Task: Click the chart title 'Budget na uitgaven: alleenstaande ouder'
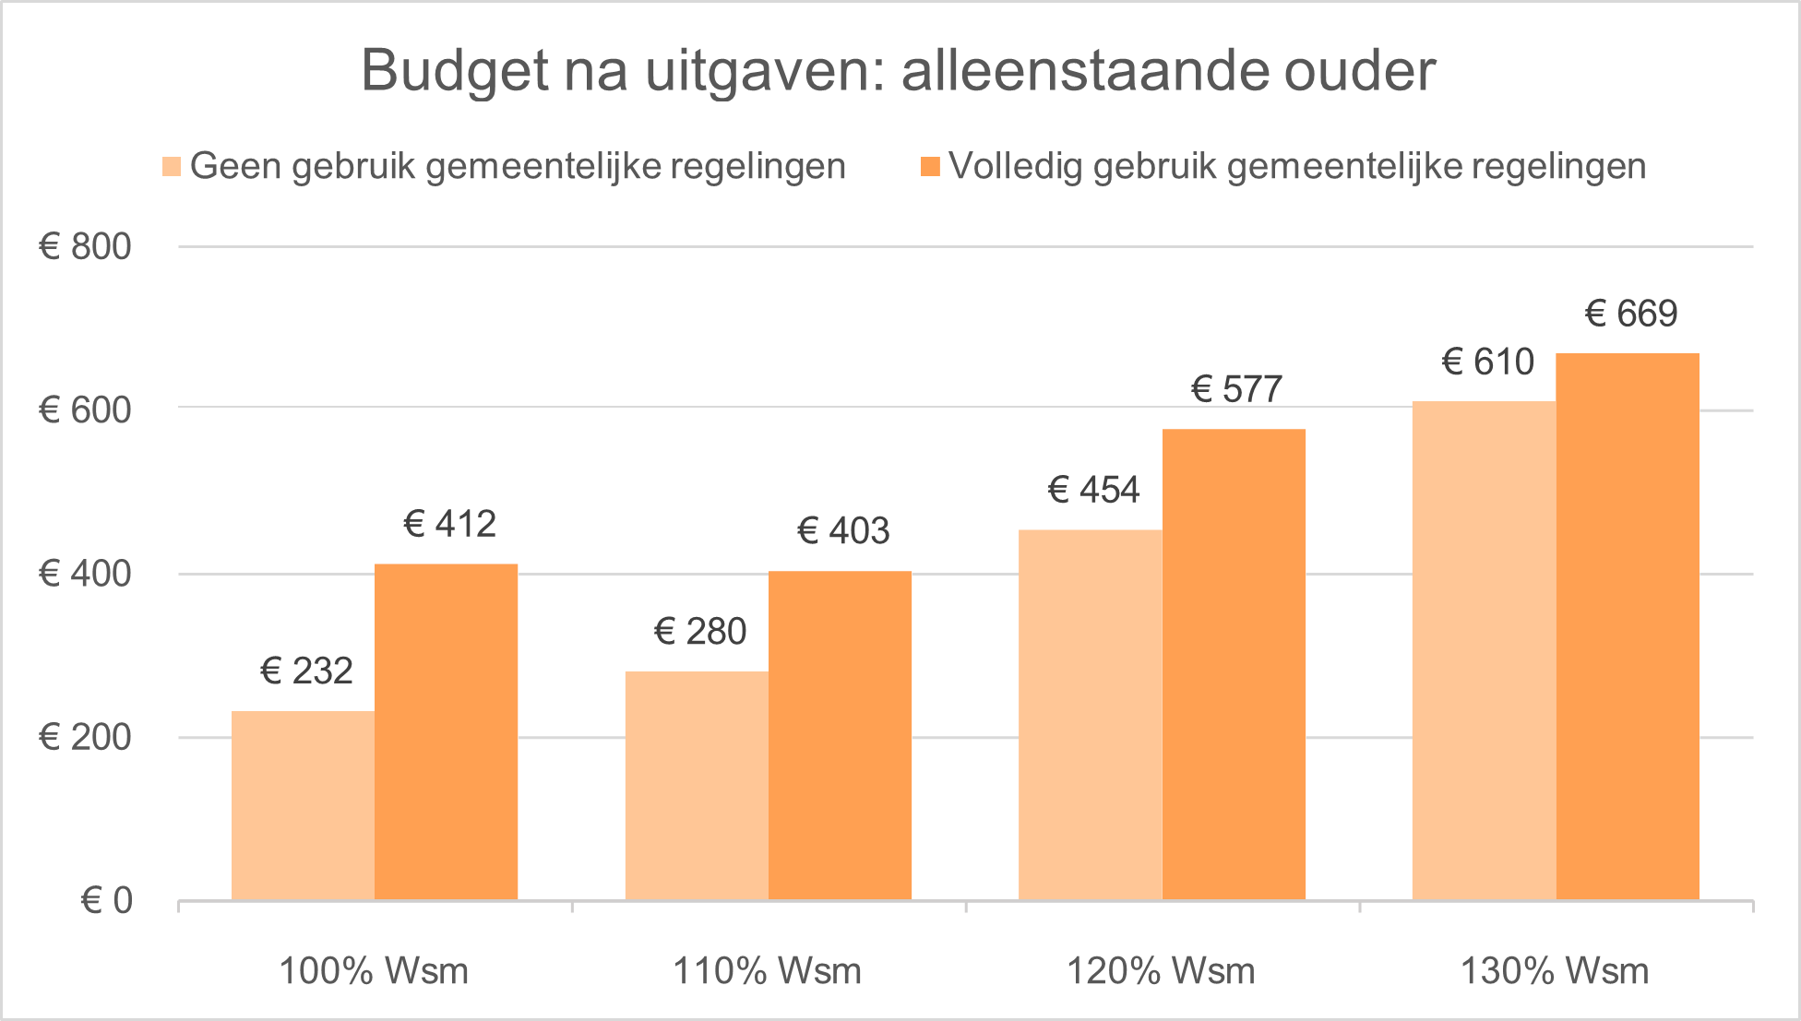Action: coord(899,70)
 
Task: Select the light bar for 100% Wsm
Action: coord(303,805)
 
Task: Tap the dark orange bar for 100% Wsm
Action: coord(447,731)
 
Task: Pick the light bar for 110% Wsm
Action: coord(697,785)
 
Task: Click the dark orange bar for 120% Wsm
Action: coord(1234,664)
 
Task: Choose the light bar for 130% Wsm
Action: coord(1484,650)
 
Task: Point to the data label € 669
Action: coord(1631,315)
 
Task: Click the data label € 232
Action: coord(307,671)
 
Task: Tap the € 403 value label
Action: coord(843,531)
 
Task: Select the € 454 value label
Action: coord(1094,490)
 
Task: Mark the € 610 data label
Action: coord(1488,362)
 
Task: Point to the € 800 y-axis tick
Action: coord(85,247)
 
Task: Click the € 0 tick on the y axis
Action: coord(107,901)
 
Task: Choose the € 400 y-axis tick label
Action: coord(85,574)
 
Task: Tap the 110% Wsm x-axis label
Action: coord(768,971)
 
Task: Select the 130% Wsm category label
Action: coord(1555,971)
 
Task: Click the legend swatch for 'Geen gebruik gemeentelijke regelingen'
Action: coord(172,167)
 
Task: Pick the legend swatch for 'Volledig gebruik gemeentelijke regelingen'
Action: coord(931,167)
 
